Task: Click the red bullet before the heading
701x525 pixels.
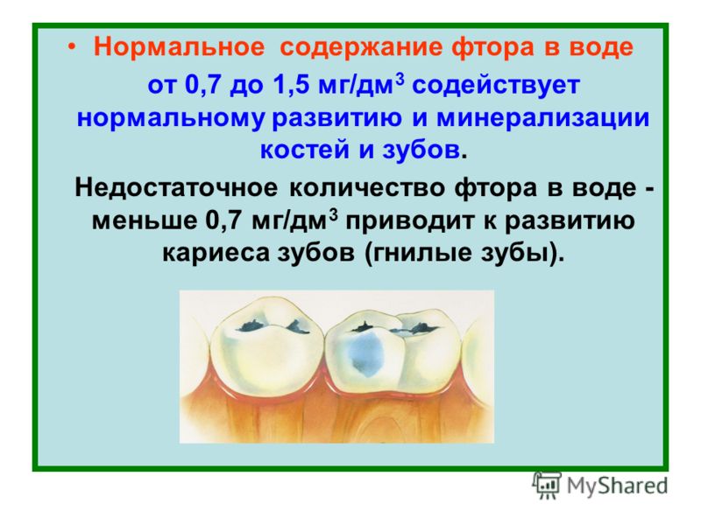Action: [x=72, y=46]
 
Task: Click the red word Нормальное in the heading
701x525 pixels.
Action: [x=180, y=46]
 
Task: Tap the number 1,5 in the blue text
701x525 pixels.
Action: [x=291, y=85]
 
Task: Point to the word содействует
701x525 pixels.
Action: [x=496, y=85]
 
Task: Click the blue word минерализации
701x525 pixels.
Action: [x=542, y=118]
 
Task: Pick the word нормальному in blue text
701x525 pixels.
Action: [x=170, y=118]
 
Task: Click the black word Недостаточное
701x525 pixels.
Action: [x=176, y=187]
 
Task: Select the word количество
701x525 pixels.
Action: [x=367, y=187]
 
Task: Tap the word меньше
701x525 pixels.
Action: [x=145, y=220]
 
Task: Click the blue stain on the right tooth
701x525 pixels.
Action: [x=366, y=353]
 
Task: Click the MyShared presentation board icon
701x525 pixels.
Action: [x=546, y=485]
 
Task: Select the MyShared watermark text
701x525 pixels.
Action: [x=617, y=486]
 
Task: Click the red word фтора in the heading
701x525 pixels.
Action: [x=492, y=47]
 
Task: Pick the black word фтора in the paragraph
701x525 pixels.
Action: [x=496, y=188]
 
